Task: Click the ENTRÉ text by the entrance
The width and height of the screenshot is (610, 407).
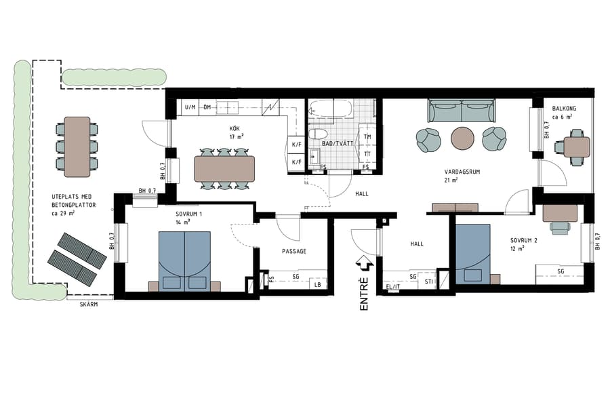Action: click(x=364, y=294)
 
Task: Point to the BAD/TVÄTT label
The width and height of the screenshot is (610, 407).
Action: click(x=335, y=143)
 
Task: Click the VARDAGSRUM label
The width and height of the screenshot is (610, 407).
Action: click(x=462, y=172)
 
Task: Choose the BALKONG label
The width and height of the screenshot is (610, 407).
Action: click(x=564, y=108)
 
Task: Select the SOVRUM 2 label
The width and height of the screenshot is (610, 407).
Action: click(x=523, y=240)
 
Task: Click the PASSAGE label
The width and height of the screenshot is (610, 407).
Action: click(x=294, y=251)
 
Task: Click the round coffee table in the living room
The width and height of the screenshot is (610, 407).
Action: click(x=464, y=138)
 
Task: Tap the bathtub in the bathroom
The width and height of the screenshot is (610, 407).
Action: click(x=330, y=109)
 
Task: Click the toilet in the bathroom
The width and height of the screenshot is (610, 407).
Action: click(x=317, y=134)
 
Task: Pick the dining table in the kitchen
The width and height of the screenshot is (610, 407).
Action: click(x=224, y=168)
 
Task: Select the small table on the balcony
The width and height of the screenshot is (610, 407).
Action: click(x=576, y=147)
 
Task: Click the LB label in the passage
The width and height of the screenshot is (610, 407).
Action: click(x=317, y=285)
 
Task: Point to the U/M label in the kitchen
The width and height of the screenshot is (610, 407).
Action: click(x=190, y=107)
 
